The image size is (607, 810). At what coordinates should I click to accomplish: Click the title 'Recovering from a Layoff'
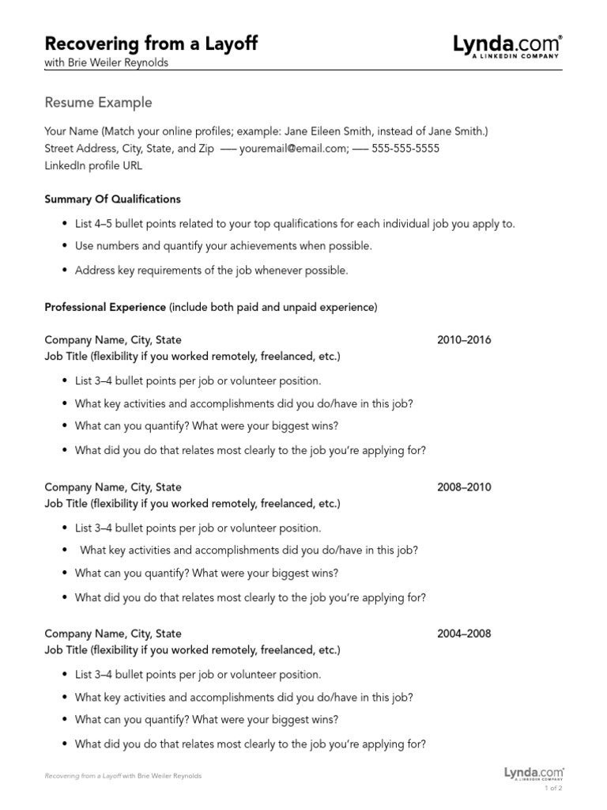coord(151,43)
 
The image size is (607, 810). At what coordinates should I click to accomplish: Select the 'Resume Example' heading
coord(98,103)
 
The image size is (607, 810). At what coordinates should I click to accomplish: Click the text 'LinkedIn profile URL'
coord(94,166)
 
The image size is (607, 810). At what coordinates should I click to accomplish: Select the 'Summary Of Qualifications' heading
coord(112,199)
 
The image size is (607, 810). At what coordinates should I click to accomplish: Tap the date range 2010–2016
coord(464,340)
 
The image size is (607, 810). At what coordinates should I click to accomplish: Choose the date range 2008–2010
coord(464,487)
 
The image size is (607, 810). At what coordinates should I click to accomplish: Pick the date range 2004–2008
coord(464,634)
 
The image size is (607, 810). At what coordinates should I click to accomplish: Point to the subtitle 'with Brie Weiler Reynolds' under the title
coord(106,63)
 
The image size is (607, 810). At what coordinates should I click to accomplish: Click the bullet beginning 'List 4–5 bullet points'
coord(294,224)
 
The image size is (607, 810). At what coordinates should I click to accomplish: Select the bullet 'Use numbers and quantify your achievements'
coord(223,246)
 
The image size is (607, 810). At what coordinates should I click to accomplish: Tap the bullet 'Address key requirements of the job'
coord(210,271)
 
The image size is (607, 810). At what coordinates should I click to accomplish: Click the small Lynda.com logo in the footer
coord(533,774)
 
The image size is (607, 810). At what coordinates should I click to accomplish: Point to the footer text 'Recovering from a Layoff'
coord(82,776)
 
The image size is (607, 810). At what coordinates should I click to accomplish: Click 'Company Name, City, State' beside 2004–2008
coord(113,634)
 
